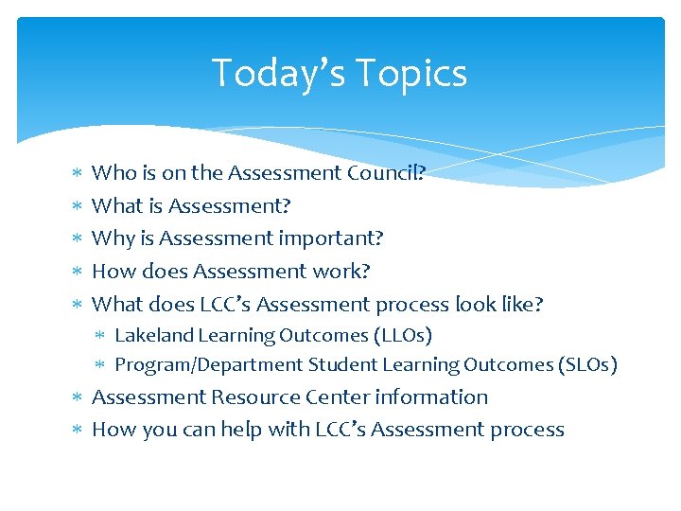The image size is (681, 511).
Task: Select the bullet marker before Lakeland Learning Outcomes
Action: point(101,336)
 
